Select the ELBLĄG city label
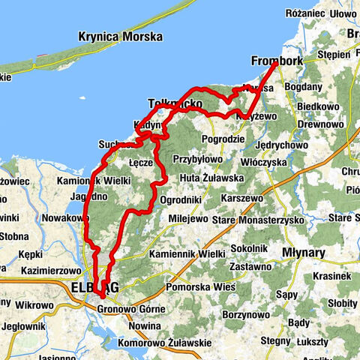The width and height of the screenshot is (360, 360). coord(85,286)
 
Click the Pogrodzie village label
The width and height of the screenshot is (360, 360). coord(225,139)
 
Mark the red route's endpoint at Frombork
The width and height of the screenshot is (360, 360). coord(275,64)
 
